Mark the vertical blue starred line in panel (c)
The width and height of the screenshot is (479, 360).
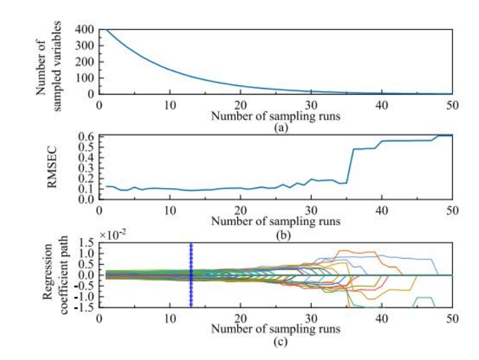pyautogui.click(x=191, y=275)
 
